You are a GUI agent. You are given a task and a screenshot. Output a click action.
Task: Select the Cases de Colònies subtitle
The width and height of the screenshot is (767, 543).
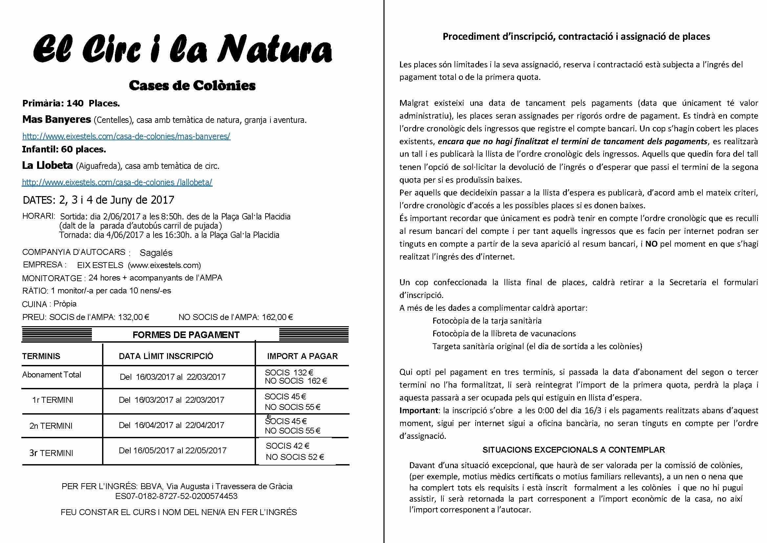pyautogui.click(x=192, y=86)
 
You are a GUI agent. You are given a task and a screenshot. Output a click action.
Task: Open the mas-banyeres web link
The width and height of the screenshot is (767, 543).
pyautogui.click(x=126, y=136)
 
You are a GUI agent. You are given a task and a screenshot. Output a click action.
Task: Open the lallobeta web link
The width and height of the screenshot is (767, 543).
pyautogui.click(x=117, y=183)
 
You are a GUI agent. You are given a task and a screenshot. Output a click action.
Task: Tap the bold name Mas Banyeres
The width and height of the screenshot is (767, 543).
pyautogui.click(x=56, y=119)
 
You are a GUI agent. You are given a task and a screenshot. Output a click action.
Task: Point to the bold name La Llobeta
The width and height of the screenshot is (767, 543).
pyautogui.click(x=48, y=166)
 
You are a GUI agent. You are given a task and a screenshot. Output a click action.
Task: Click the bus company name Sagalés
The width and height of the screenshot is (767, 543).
pyautogui.click(x=156, y=253)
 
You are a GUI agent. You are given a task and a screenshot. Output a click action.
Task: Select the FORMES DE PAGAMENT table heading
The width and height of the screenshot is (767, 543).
pyautogui.click(x=186, y=335)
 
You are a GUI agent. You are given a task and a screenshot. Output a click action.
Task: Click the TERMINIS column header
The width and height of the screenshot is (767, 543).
pyautogui.click(x=41, y=356)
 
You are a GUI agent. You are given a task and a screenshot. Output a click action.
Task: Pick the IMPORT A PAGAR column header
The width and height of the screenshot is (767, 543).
pyautogui.click(x=302, y=356)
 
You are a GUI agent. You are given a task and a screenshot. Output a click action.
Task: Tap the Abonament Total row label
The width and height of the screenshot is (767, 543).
pyautogui.click(x=52, y=375)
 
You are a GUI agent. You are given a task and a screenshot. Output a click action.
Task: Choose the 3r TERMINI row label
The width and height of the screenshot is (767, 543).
pyautogui.click(x=51, y=453)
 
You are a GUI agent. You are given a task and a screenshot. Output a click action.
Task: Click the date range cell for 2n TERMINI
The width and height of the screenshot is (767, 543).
pyautogui.click(x=171, y=425)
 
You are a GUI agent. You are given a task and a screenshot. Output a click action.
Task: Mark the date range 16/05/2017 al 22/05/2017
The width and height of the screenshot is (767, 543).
pyautogui.click(x=172, y=451)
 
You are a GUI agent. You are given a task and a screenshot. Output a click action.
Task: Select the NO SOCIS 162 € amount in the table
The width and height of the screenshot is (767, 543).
pyautogui.click(x=296, y=381)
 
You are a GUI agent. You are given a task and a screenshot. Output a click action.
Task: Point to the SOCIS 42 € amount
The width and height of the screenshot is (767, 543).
pyautogui.click(x=288, y=446)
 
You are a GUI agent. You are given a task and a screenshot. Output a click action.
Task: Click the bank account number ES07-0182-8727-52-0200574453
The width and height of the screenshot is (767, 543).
pyautogui.click(x=176, y=496)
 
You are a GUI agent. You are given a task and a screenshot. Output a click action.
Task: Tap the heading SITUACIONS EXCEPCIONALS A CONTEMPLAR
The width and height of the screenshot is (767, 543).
pyautogui.click(x=574, y=450)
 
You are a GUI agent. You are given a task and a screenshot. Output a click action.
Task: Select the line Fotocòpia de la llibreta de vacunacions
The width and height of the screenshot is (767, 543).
pyautogui.click(x=504, y=333)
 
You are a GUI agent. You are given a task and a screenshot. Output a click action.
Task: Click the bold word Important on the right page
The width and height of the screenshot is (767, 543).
pyautogui.click(x=418, y=411)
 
